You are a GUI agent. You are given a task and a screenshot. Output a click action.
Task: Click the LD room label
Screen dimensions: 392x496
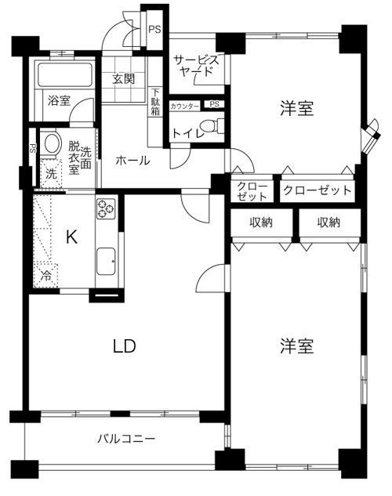tap(125, 346)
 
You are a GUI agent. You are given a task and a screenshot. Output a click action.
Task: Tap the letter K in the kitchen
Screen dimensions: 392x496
tap(71, 237)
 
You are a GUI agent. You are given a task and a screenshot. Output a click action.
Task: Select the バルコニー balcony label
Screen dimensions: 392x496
tap(126, 439)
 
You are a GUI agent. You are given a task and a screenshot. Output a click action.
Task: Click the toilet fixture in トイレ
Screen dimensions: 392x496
tap(212, 125)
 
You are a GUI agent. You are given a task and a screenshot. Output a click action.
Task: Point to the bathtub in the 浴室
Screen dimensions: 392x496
tap(65, 74)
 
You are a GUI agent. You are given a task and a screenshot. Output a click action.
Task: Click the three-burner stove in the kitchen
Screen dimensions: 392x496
tap(106, 208)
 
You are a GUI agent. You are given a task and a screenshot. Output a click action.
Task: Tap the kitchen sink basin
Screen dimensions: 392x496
tap(106, 261)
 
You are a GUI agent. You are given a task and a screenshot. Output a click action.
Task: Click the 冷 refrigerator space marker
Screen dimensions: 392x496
tap(46, 276)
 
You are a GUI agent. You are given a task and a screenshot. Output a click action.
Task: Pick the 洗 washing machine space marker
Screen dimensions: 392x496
tap(51, 174)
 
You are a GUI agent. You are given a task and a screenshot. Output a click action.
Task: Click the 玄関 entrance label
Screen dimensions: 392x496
tap(123, 79)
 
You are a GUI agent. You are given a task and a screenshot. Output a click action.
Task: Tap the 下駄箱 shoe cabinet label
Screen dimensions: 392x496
tap(155, 102)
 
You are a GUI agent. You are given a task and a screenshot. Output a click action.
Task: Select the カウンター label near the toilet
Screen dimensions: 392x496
tap(185, 107)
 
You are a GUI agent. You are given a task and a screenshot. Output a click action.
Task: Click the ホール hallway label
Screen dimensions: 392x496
tap(132, 161)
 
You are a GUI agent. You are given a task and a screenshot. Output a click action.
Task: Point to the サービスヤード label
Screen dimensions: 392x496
tap(196, 66)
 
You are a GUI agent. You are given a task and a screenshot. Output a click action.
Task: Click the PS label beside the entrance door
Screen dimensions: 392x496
tap(155, 30)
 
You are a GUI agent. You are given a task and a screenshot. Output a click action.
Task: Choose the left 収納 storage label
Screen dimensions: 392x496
tap(261, 223)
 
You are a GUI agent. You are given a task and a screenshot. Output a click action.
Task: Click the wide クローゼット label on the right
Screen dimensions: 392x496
tap(318, 190)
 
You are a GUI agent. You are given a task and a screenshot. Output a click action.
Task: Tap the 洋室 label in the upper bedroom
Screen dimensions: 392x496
tap(297, 108)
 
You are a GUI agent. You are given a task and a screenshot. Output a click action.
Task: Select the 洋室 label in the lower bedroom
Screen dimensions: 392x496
tap(297, 346)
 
